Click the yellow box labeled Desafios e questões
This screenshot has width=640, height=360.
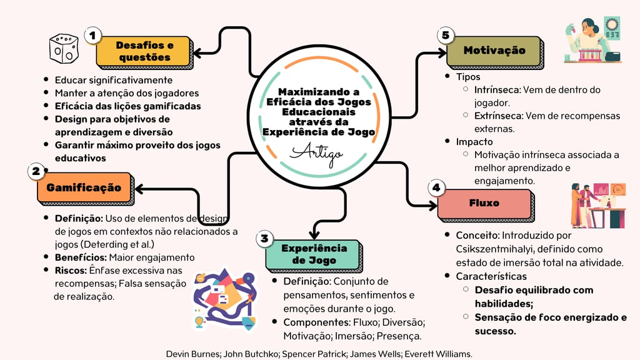pos(144,51)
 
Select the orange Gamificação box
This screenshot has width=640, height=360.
pos(84,187)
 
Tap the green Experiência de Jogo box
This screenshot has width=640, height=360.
pos(313,254)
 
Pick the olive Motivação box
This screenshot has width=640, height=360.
pos(494,51)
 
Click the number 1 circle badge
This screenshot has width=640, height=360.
pos(92,36)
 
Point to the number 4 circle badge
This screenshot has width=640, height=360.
pos(436,187)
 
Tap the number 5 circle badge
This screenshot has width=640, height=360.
pos(445,35)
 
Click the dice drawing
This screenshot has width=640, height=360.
pos(64,49)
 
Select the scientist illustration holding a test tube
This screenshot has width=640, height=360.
pos(593,39)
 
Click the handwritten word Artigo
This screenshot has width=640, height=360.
pos(316,154)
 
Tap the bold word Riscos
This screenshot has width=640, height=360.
pos(71,271)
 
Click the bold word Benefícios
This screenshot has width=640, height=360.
pos(81,257)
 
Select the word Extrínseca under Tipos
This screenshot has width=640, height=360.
pos(498,116)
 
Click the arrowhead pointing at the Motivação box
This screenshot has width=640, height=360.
pos(442,52)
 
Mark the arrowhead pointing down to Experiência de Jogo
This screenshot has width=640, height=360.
pos(314,234)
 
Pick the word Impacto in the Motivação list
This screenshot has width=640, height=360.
pos(474,142)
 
